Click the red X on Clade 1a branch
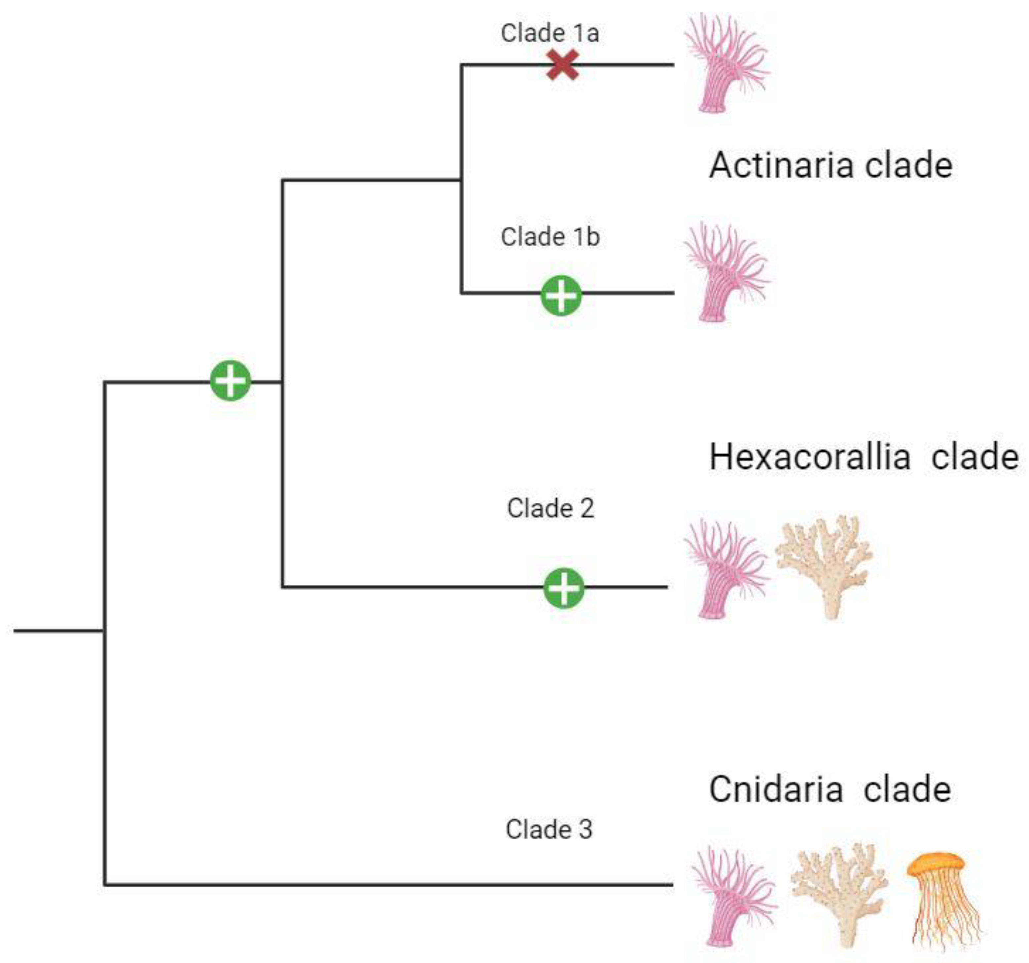(563, 65)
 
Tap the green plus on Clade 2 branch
(564, 588)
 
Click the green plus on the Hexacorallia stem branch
(230, 381)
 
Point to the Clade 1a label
(550, 33)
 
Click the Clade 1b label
(550, 237)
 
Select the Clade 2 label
(550, 508)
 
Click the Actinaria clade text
(830, 166)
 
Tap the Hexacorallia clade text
(863, 457)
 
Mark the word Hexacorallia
(809, 457)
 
